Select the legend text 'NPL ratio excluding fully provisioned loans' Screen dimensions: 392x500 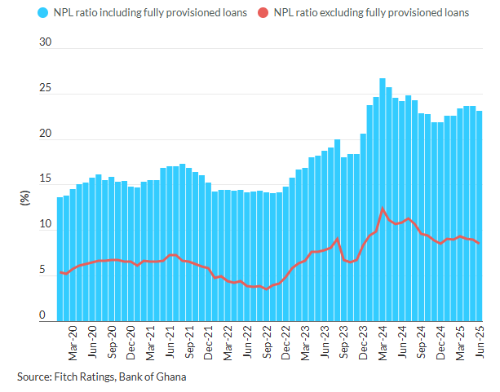[371, 12]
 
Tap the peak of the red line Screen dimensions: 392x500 [382, 208]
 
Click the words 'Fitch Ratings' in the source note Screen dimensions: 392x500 [86, 377]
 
